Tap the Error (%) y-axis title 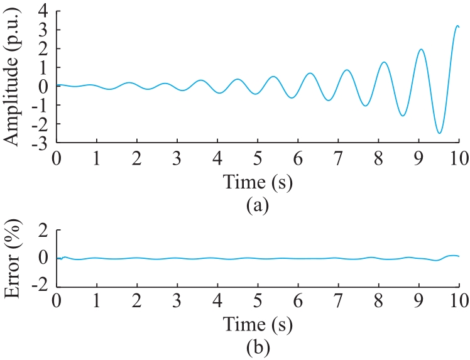click(x=12, y=258)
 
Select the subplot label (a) click(x=258, y=205)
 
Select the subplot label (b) click(x=258, y=347)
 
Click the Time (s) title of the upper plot click(x=258, y=182)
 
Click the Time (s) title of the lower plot click(x=258, y=324)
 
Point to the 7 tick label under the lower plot click(x=338, y=301)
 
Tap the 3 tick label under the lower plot click(x=177, y=301)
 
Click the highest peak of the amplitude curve click(x=457, y=26)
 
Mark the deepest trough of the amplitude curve click(x=439, y=133)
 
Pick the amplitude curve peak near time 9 click(x=422, y=49)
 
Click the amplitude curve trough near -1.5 click(x=403, y=116)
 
